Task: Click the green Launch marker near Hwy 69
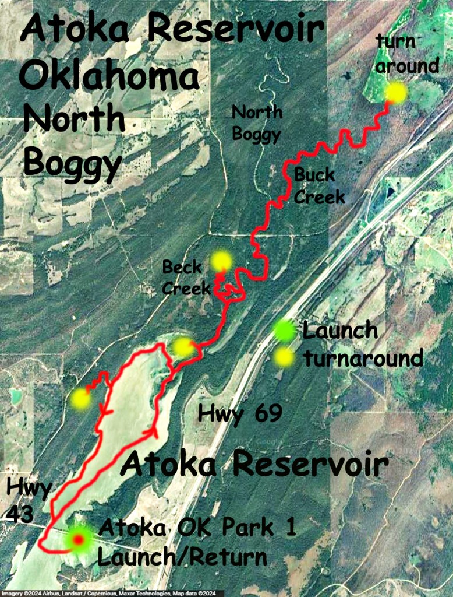coord(284,331)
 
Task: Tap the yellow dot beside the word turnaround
coord(285,357)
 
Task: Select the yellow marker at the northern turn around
coord(396,92)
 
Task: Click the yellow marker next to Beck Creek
coord(221,261)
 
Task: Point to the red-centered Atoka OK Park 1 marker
coord(77,539)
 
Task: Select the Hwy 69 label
coord(240,414)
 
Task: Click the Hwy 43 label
coord(29,500)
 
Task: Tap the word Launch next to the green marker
coord(341,331)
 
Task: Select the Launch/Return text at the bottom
coord(182,557)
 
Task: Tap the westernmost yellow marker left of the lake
coord(80,399)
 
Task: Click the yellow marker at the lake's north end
coord(183,347)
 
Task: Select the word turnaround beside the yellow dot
coord(363,357)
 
